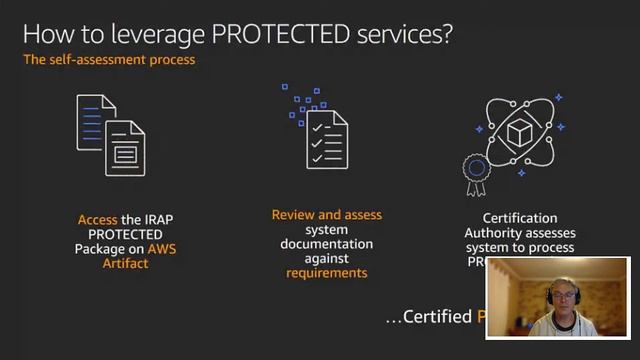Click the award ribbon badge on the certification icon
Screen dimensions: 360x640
[476, 170]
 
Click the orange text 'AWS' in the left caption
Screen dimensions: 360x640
[161, 248]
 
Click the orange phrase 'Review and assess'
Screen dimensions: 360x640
[326, 215]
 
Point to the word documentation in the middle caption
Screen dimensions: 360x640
[326, 244]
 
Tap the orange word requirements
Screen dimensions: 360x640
[326, 272]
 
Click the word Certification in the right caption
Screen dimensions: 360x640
[520, 218]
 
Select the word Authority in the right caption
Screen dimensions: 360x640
[492, 233]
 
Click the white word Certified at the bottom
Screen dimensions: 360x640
[436, 317]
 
